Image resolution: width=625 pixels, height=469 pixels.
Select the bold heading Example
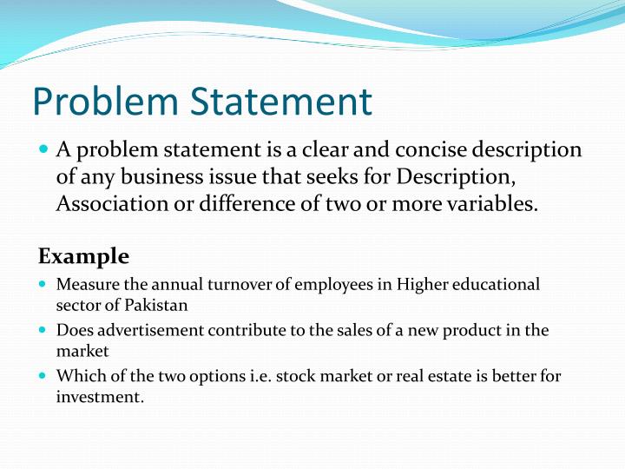pos(83,256)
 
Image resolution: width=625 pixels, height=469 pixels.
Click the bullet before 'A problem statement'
pos(43,150)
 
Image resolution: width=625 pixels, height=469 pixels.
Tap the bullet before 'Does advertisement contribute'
pos(43,331)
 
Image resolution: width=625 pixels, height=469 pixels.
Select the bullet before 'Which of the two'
pos(43,377)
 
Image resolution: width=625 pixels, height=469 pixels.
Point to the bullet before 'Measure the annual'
pos(43,285)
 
